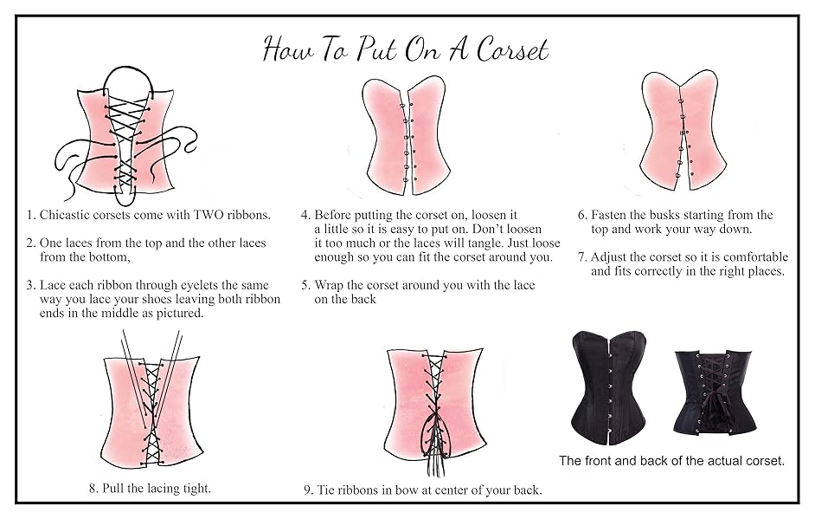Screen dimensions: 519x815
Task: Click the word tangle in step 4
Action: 470,243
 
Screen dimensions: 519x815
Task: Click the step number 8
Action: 93,488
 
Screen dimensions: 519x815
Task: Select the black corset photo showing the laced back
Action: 715,391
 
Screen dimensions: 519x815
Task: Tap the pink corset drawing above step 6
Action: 683,130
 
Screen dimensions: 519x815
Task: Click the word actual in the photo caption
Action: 704,461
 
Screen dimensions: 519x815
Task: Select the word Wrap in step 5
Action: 330,285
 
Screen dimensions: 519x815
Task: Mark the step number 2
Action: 30,243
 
